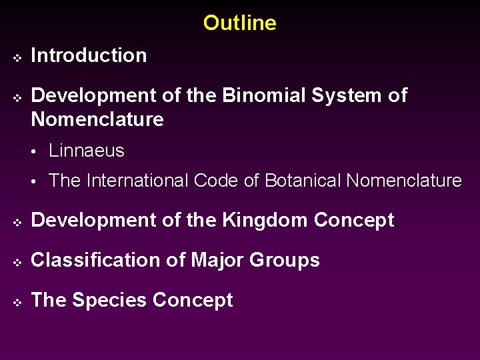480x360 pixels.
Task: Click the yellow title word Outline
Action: [239, 23]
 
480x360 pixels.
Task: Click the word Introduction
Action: [89, 56]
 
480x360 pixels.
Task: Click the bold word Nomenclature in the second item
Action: [97, 120]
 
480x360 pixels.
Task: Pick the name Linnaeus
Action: [87, 151]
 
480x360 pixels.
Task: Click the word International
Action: [139, 181]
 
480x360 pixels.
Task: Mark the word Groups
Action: [285, 261]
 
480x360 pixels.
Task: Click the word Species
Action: [109, 301]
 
